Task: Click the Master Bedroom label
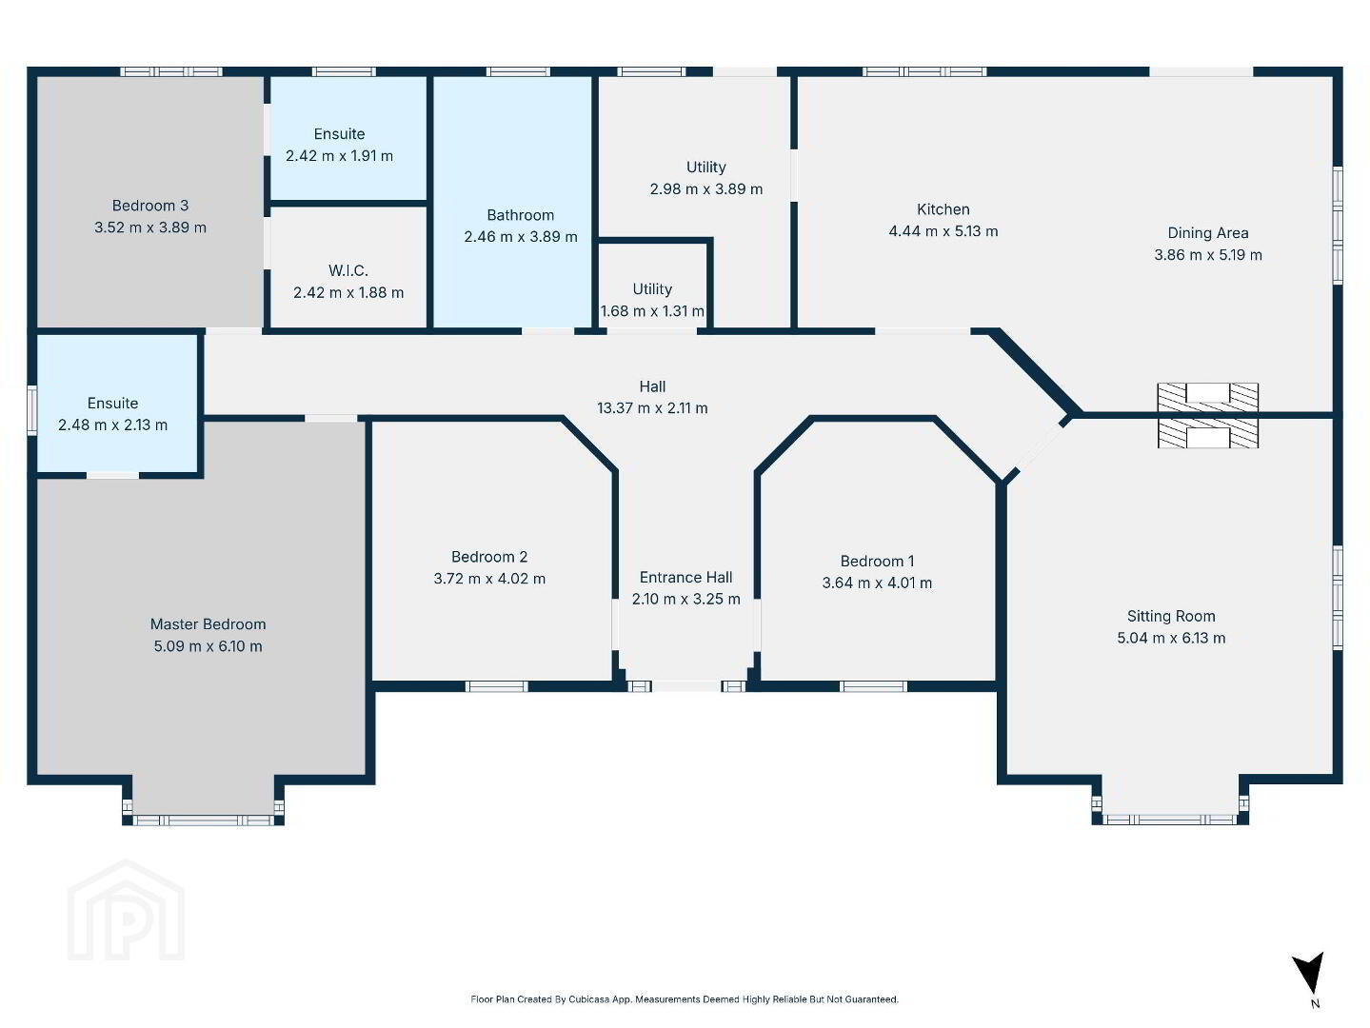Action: tap(208, 623)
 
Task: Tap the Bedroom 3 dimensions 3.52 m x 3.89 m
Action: tap(150, 227)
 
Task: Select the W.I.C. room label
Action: tap(348, 270)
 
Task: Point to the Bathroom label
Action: tap(521, 215)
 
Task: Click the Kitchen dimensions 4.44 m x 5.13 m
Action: tap(943, 230)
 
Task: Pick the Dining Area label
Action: tap(1208, 232)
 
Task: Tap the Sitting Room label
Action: tap(1171, 616)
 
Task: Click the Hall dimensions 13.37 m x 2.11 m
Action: tap(652, 408)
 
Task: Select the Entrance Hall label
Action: tap(685, 577)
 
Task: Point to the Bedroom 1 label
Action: tap(877, 561)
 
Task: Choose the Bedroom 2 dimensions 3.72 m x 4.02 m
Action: tap(489, 579)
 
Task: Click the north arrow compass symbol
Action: tap(1308, 973)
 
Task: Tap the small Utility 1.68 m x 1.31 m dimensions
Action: tap(652, 310)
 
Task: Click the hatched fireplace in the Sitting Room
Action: tap(1208, 433)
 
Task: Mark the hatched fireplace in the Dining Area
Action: tap(1208, 397)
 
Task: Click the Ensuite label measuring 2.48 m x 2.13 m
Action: tap(112, 403)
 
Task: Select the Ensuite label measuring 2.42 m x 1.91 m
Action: tap(339, 133)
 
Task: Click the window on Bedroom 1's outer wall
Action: tap(873, 687)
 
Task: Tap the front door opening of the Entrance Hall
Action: tap(686, 686)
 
